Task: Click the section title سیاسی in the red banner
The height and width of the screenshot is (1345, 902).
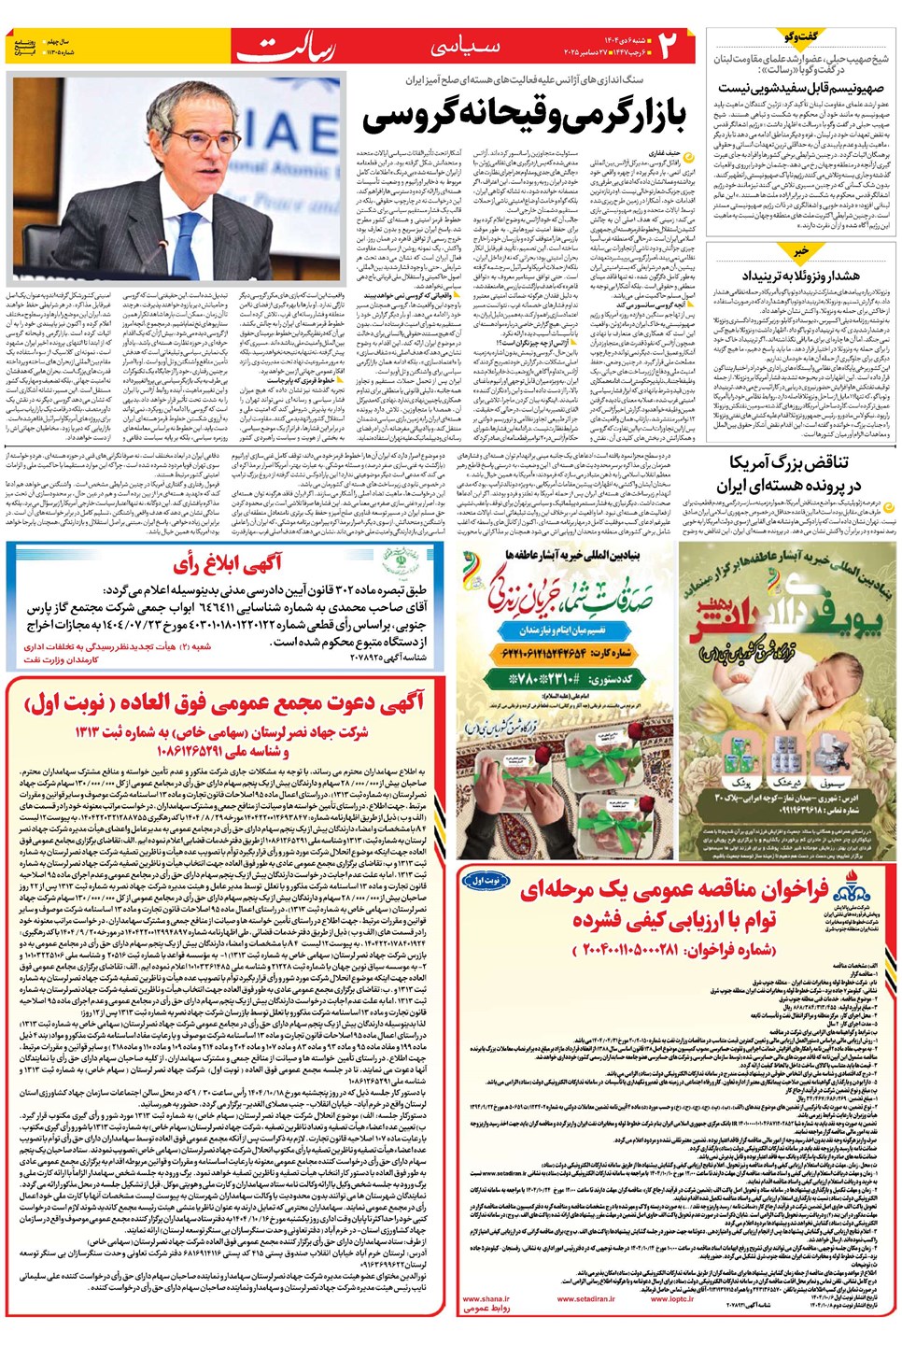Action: click(x=464, y=47)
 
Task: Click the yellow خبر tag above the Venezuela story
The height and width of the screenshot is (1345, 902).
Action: click(x=800, y=251)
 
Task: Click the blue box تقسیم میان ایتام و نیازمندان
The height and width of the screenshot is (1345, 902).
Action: click(x=568, y=631)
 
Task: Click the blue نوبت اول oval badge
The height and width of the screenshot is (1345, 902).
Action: click(x=486, y=880)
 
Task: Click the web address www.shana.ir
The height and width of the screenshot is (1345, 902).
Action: click(x=486, y=1298)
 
